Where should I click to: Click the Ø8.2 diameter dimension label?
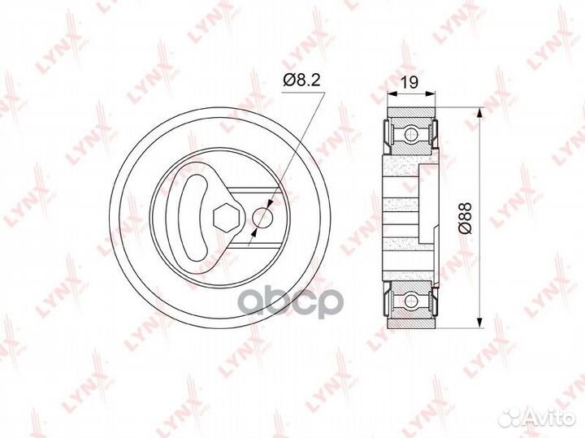coord(301,80)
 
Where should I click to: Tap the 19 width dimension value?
coord(410,82)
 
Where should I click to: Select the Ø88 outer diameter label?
coord(466,218)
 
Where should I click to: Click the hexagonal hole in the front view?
coord(223,217)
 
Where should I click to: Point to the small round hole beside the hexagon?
coord(262,218)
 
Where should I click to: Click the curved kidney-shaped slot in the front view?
coord(194,218)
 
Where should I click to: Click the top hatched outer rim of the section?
coord(411,112)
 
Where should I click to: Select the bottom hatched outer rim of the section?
coord(411,324)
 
